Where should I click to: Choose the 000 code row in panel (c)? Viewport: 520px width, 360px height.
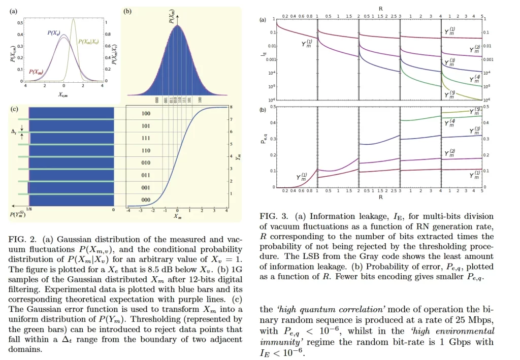coord(146,200)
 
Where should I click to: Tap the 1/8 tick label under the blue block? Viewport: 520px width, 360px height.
coord(30,210)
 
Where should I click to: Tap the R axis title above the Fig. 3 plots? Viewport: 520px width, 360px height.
coord(380,8)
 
